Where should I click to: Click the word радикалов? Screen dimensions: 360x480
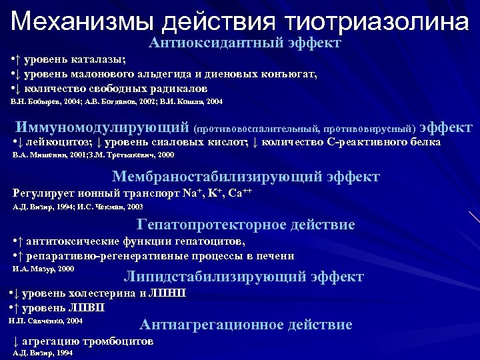[x=177, y=88]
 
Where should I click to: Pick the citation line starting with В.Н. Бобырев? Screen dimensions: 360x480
[x=117, y=102]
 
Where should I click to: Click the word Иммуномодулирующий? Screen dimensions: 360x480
[x=103, y=127]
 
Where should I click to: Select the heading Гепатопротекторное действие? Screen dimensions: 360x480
[x=245, y=225]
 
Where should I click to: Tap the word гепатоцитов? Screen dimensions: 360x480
[x=211, y=241]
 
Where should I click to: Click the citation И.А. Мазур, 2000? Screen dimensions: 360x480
[x=44, y=269]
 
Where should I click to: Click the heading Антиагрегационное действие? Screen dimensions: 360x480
[x=245, y=325]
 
